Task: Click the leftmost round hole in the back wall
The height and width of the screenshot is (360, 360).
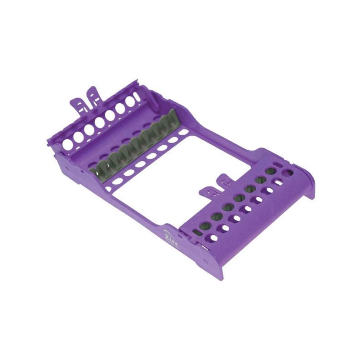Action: (x=67, y=145)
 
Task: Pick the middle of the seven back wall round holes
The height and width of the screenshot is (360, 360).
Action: (x=100, y=123)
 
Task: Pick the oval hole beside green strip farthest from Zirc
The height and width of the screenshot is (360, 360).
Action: (x=183, y=132)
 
